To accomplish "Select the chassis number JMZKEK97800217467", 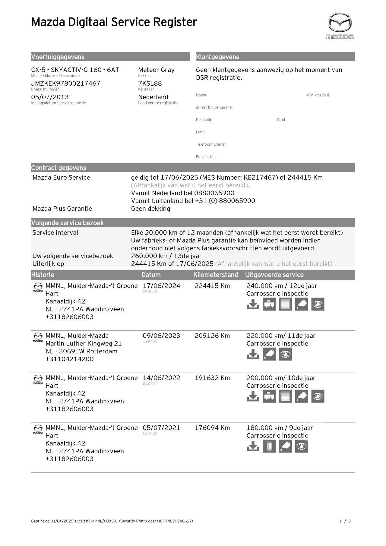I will pos(66,84).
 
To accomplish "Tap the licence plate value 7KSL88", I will pos(150,84).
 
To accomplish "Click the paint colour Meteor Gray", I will pos(156,70).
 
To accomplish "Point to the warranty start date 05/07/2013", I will pos(50,97).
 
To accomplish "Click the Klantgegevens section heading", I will pos(217,57).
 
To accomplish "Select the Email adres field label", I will pos(206,157).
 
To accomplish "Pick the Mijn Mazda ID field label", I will pos(318,95).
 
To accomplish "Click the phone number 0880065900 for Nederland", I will pos(214,193).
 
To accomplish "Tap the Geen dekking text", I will pos(150,209).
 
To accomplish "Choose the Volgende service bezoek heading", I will pos(67,223).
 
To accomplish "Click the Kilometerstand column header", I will pos(216,275).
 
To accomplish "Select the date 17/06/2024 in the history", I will pos(161,286).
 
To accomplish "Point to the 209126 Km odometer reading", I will pos(212,336).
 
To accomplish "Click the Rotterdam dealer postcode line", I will pos(81,351).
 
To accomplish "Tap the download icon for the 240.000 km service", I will pos(253,305).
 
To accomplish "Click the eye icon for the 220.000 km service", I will pos(285,354).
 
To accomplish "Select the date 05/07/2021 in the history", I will pos(161,428).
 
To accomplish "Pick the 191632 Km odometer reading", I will pos(212,378).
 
